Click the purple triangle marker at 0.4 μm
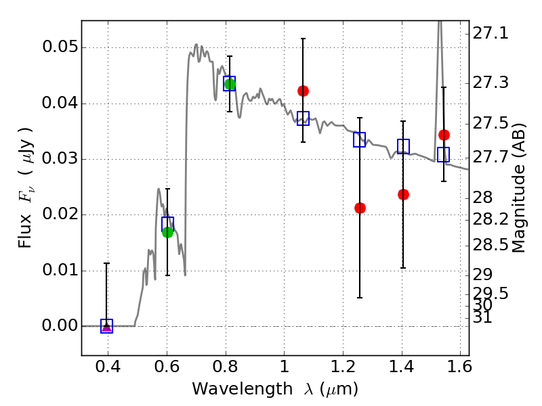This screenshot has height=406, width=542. point(106,327)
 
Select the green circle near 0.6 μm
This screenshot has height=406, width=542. point(167,232)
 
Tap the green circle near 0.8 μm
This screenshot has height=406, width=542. point(230,84)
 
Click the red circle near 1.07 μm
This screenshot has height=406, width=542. point(303,91)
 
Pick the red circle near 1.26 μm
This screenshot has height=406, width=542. point(360,208)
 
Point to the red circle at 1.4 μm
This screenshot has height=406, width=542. point(403,194)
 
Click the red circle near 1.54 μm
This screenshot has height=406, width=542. point(444,135)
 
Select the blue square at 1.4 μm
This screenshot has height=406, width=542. point(403,146)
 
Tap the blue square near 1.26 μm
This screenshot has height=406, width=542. point(360,140)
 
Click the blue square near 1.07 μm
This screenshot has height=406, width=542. point(303,118)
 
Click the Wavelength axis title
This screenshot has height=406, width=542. point(274,390)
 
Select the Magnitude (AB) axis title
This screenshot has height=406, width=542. point(519,187)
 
